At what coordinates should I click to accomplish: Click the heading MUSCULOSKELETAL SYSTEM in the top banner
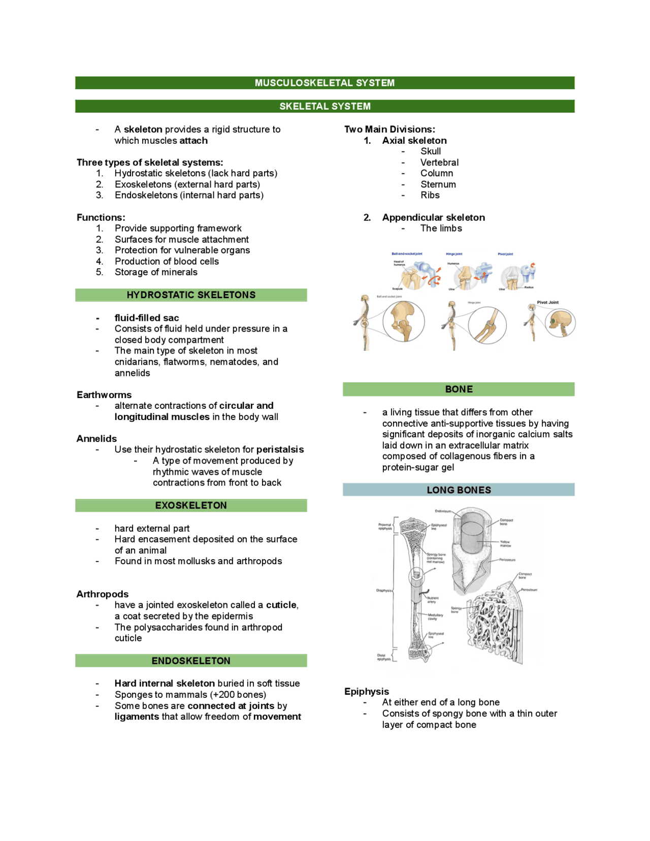pos(324,83)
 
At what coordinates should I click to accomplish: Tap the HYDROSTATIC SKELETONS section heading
pos(191,295)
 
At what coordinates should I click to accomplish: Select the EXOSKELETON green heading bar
pos(191,505)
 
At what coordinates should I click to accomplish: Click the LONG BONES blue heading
pos(459,490)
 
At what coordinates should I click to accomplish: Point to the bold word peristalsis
pos(280,449)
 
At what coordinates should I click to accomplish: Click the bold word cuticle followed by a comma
pos(282,605)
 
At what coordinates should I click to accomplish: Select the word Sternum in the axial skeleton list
pos(438,184)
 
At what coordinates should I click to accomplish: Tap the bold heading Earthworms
pos(104,395)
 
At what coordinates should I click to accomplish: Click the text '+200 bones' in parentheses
pos(238,695)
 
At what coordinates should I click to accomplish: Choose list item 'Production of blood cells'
pos(167,261)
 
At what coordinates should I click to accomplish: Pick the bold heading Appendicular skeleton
pos(433,217)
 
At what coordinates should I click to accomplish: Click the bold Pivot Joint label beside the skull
pos(547,302)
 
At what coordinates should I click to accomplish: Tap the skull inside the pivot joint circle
pos(561,323)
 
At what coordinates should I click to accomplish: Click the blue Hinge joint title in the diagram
pos(454,254)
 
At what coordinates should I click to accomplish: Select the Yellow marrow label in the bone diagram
pos(505,543)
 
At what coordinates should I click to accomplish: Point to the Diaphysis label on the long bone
pos(384,590)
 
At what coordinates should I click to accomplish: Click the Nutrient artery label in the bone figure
pos(432,600)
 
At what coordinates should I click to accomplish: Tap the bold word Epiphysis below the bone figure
pos(367,691)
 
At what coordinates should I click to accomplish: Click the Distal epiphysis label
pos(384,657)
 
